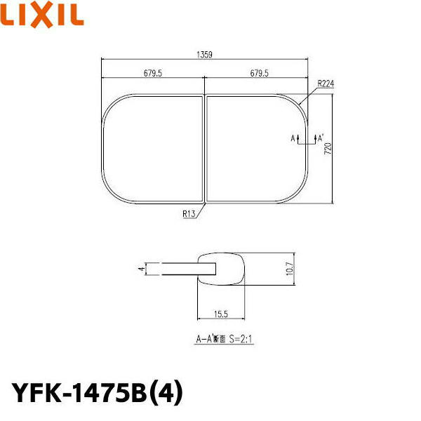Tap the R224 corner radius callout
pyautogui.click(x=325, y=83)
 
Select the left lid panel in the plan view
pyautogui.click(x=152, y=149)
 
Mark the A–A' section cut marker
pyautogui.click(x=307, y=138)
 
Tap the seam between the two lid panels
pyautogui.click(x=204, y=149)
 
